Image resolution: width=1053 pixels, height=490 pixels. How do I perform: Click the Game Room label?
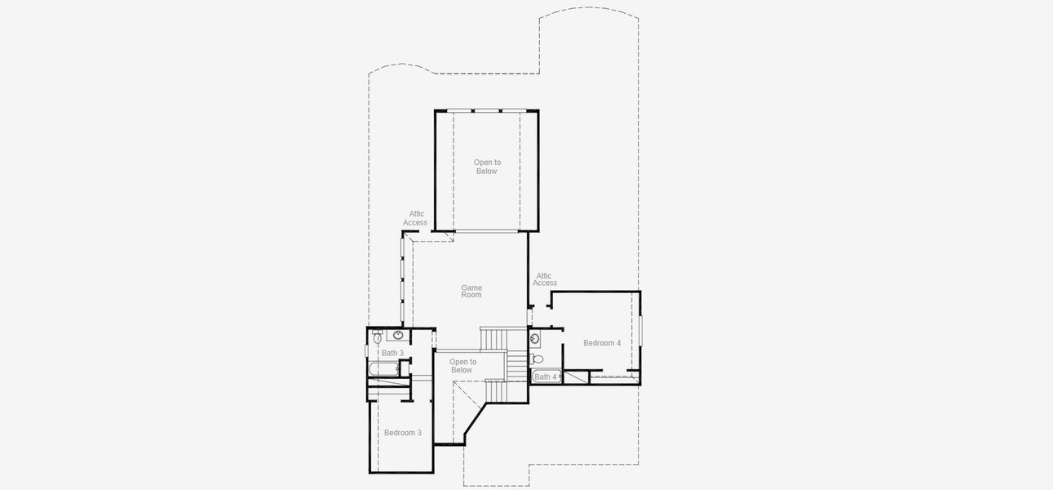471,292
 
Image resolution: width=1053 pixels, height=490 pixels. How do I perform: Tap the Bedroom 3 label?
403,433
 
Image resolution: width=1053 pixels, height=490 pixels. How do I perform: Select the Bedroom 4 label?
602,343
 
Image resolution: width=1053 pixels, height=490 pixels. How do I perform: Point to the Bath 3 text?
392,354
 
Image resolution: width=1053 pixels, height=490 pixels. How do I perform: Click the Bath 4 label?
545,377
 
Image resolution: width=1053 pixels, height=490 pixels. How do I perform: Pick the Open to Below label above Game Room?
487,167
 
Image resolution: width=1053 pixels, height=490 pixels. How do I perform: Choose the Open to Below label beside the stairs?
462,366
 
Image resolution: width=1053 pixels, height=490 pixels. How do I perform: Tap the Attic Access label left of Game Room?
415,218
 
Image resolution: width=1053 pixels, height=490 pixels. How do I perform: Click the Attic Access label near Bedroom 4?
545,280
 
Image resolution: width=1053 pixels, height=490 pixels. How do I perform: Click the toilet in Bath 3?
378,337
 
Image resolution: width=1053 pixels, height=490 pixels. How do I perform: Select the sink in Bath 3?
398,336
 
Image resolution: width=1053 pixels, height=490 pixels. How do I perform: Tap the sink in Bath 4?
535,338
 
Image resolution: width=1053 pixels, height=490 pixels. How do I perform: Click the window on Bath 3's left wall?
366,351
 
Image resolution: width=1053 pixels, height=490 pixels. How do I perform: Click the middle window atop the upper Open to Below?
487,110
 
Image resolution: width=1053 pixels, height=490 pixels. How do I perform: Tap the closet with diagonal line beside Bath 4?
577,376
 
